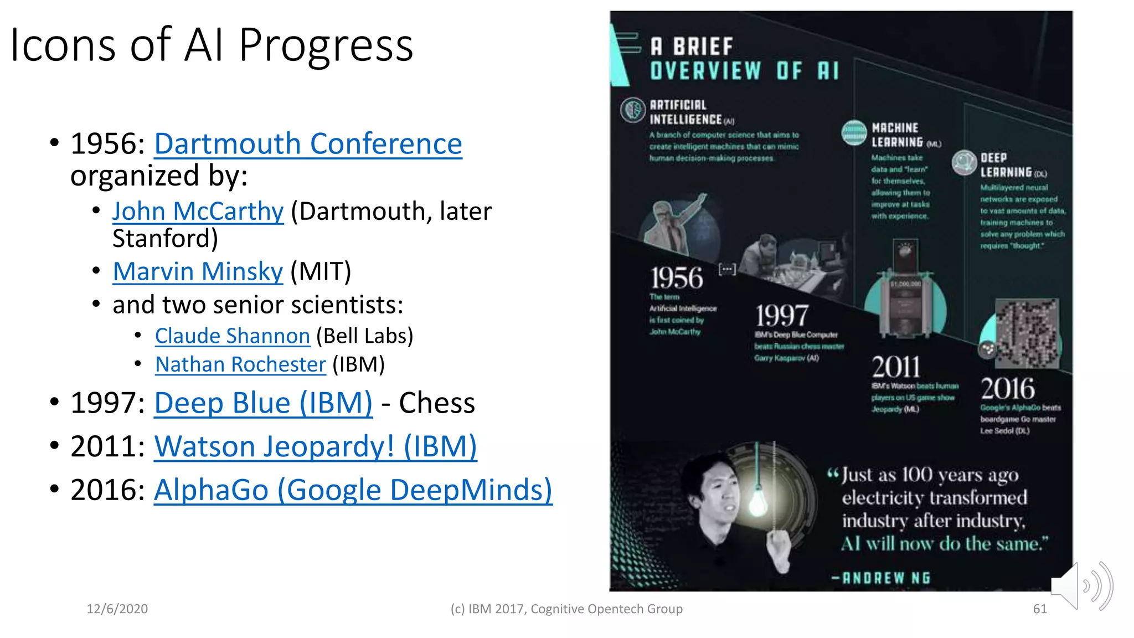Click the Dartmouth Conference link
coord(308,145)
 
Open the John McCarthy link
coord(198,212)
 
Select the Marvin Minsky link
coord(198,272)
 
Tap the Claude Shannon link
coord(232,336)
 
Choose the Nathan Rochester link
coord(240,365)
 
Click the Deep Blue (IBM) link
coord(263,403)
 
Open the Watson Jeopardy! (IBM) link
coord(315,447)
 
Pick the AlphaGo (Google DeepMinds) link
coord(353,490)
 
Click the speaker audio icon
coord(1082,586)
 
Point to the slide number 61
coord(1040,609)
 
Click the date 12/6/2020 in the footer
coord(117,609)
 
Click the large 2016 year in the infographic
coord(1007,389)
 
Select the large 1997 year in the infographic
coord(782,316)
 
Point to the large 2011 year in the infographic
coord(896,367)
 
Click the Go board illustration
coord(1027,333)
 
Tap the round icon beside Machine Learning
coord(854,133)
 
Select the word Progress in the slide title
coord(326,45)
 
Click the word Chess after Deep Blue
coord(437,403)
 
